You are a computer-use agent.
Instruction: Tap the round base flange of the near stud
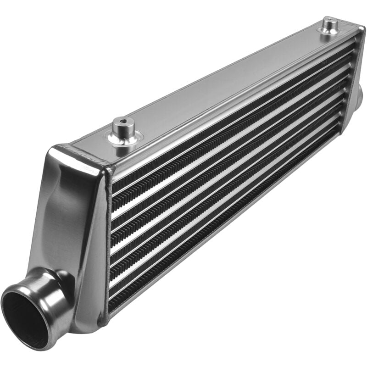pos(124,138)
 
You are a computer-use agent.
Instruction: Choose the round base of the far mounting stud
pos(330,31)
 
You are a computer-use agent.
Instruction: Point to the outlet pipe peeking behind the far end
pos(359,94)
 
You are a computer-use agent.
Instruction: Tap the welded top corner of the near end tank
pos(83,151)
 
